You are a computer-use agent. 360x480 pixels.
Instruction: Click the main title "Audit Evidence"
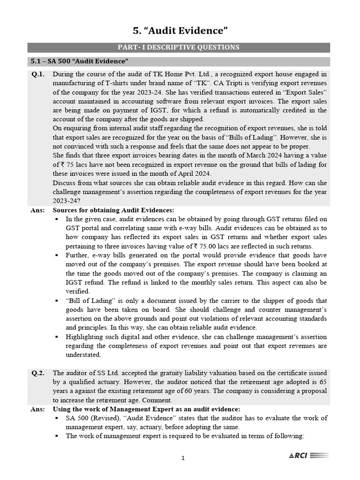(180, 31)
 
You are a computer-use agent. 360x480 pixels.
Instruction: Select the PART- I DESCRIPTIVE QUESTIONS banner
(179, 47)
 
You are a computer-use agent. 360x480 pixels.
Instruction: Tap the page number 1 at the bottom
(183, 458)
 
